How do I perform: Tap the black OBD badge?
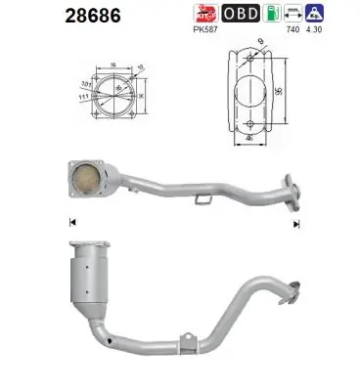(240, 15)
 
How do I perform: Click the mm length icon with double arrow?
(290, 15)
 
